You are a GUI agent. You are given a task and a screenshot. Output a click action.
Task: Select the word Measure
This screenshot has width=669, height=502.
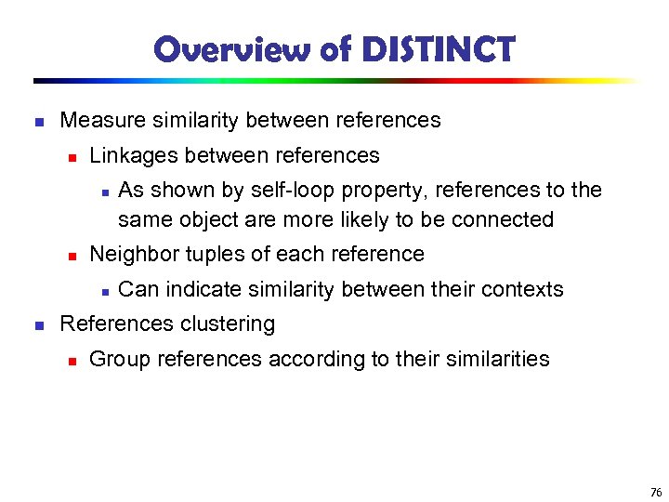98,121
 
